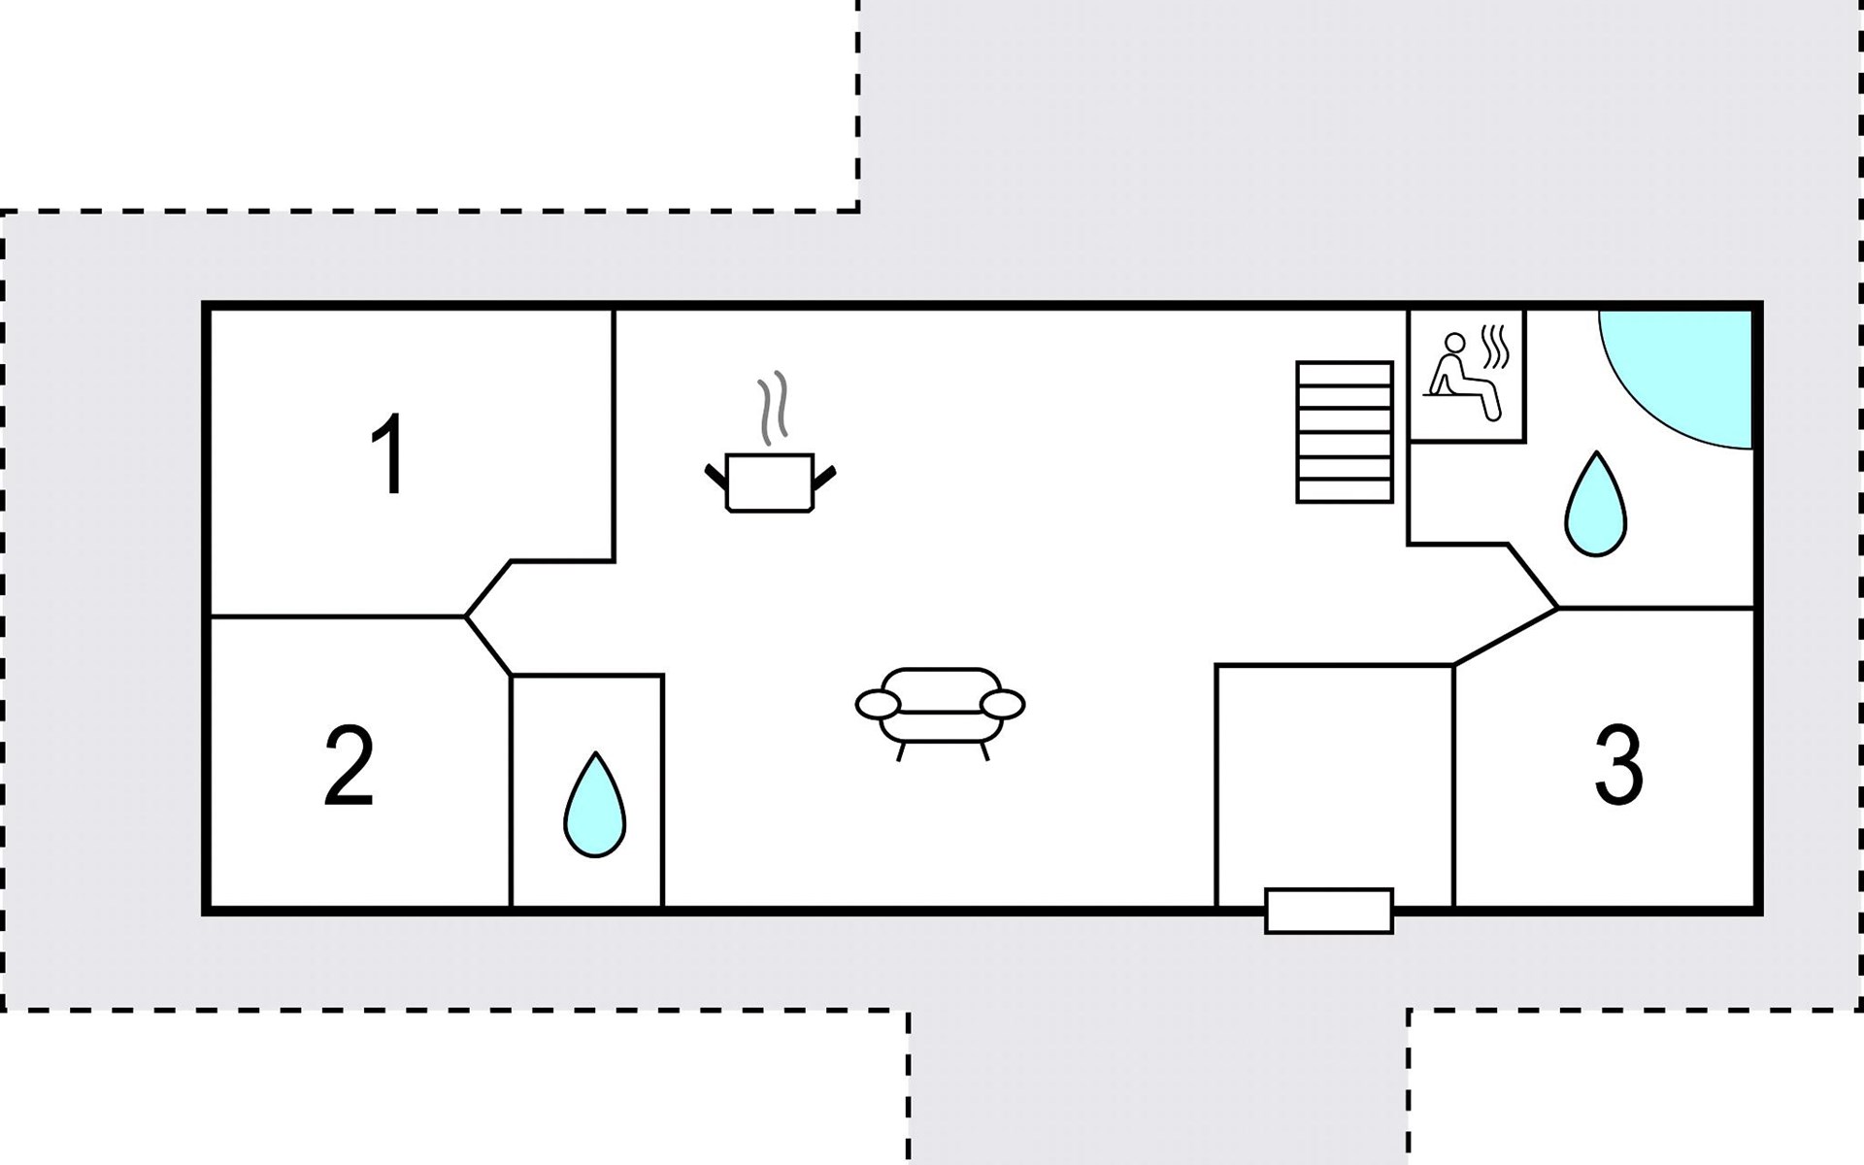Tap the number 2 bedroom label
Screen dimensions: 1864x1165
coord(349,766)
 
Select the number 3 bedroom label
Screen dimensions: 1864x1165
coord(1618,766)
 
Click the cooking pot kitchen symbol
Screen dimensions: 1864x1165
coord(770,483)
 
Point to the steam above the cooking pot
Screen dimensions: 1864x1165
coord(773,409)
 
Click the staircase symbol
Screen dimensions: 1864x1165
coord(1345,432)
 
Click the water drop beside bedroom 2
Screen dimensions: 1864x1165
coord(594,805)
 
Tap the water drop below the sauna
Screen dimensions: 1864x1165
coord(1595,504)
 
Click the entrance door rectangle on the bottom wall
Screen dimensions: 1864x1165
coord(1329,911)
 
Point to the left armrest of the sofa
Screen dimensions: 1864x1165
coord(879,704)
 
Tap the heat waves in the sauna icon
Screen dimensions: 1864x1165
coord(1496,348)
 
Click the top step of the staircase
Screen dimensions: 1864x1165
coord(1345,373)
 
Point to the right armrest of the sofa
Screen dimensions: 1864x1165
coord(1002,704)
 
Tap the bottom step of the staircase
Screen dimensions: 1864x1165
coord(1345,491)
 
